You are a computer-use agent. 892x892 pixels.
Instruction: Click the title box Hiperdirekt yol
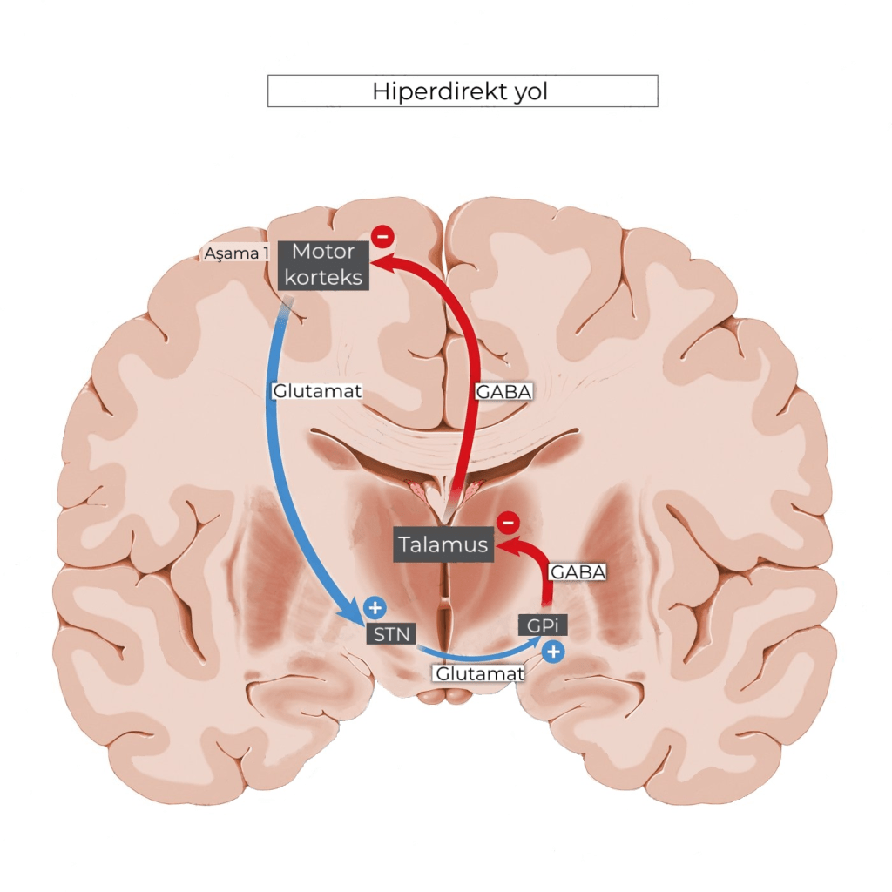coord(462,91)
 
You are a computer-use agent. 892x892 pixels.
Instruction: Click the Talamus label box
coord(443,545)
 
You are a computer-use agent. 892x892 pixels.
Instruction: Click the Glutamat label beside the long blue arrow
coord(316,391)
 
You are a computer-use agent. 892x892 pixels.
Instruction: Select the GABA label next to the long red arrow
coord(503,392)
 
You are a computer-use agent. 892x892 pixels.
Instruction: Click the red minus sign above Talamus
coord(508,524)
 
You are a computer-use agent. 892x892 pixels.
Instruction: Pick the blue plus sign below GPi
coord(553,650)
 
